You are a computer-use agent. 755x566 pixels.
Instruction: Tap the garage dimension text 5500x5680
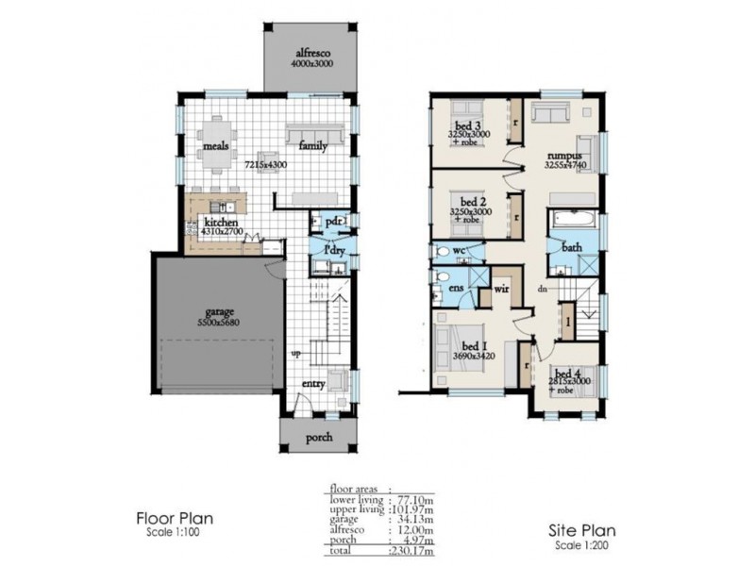(x=221, y=323)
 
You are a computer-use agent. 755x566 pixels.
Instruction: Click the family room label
(x=313, y=146)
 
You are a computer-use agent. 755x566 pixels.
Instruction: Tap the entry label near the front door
(x=313, y=384)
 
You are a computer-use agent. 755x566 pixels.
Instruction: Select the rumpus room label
(x=562, y=156)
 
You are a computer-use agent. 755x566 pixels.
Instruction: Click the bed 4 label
(x=567, y=373)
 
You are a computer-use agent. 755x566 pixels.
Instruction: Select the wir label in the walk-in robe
(x=502, y=291)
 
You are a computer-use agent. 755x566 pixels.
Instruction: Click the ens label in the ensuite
(x=457, y=286)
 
